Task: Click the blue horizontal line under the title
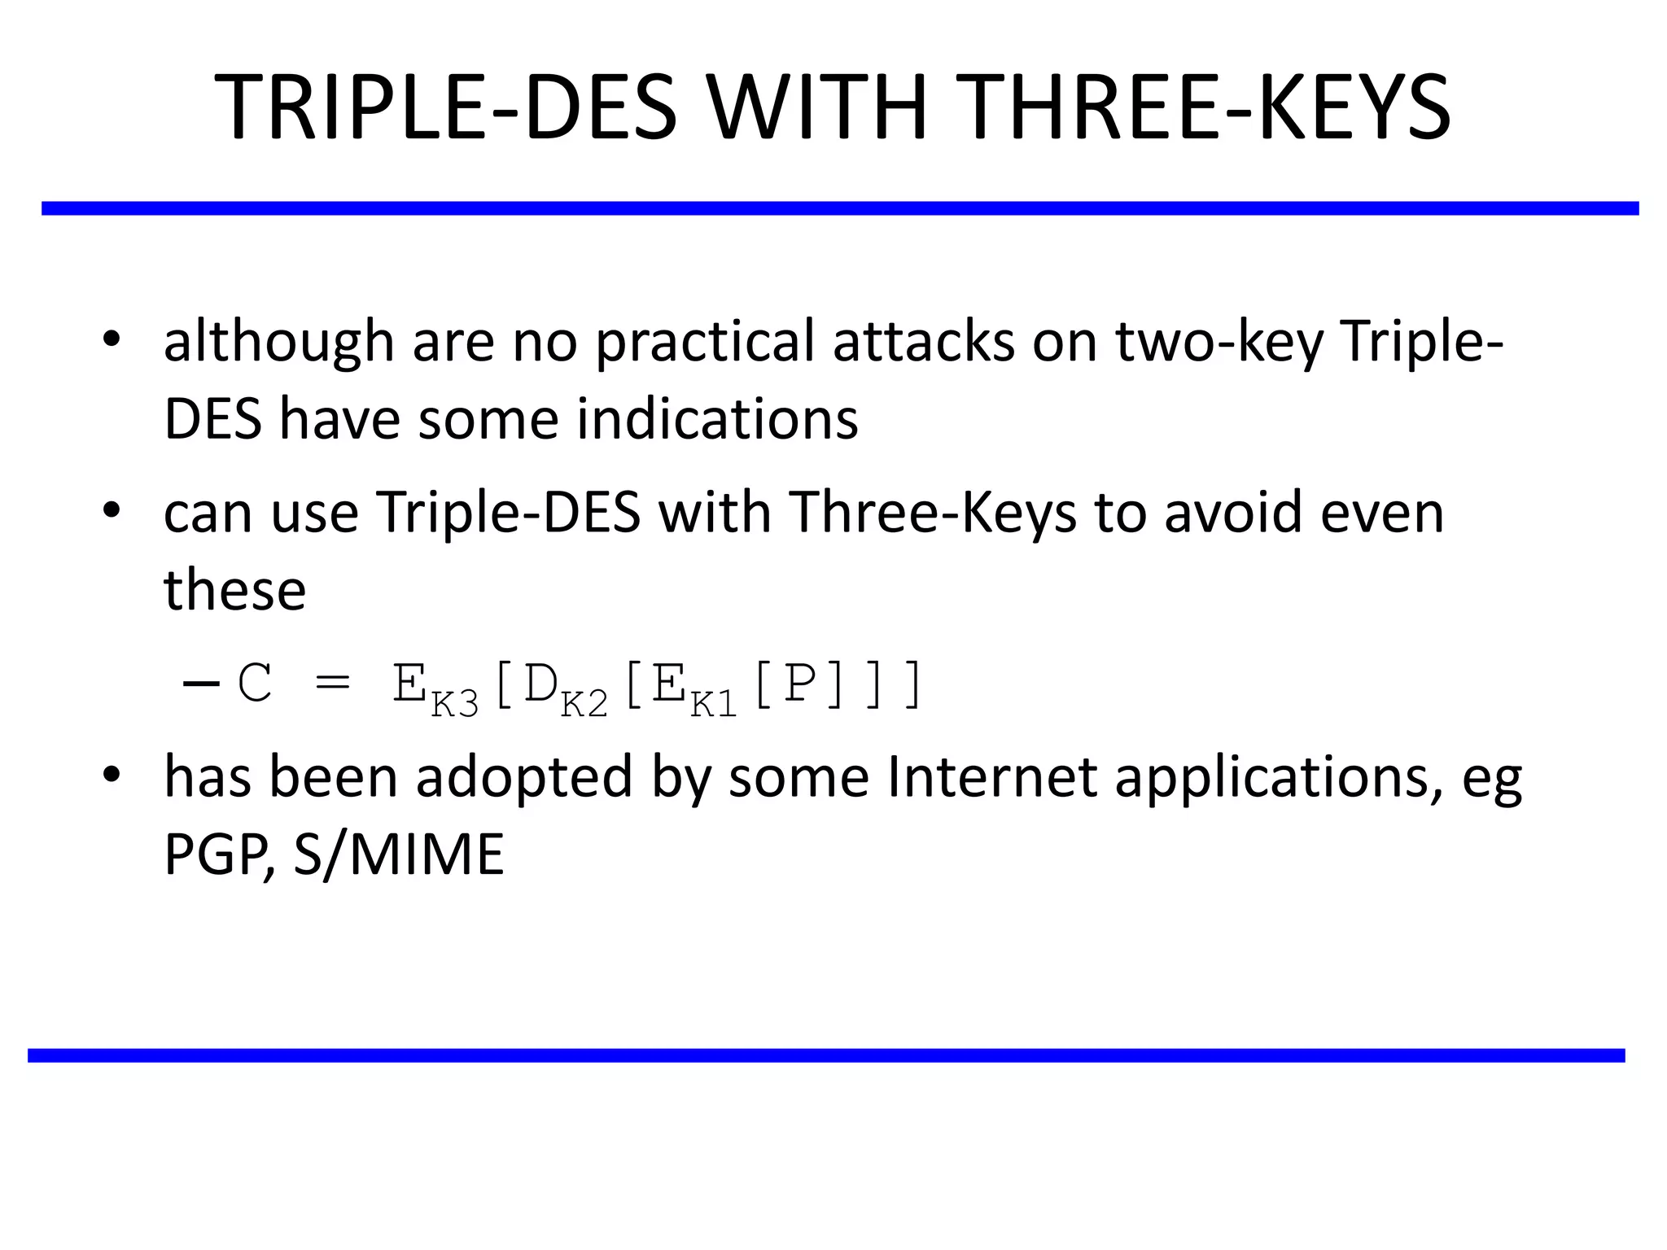pos(838,208)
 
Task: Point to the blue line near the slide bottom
pos(826,1056)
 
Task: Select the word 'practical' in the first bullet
pos(705,341)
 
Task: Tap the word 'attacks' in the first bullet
pos(923,341)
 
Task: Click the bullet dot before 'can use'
pos(112,510)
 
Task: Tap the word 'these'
pos(234,589)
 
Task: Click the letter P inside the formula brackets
pos(799,684)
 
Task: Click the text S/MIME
pos(399,854)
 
